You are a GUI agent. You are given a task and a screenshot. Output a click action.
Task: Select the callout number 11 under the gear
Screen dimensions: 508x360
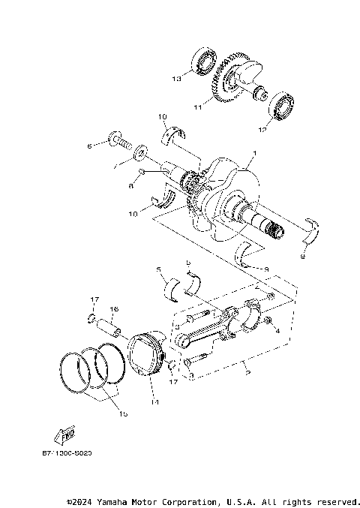(x=198, y=107)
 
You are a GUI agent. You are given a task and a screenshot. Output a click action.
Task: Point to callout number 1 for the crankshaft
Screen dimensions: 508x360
(x=253, y=153)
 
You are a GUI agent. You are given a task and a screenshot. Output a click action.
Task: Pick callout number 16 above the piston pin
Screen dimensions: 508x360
(x=115, y=308)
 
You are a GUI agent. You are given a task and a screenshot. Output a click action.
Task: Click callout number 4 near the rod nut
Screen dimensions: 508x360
(x=277, y=330)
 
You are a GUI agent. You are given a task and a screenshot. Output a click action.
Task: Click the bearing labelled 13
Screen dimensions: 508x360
(x=203, y=62)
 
